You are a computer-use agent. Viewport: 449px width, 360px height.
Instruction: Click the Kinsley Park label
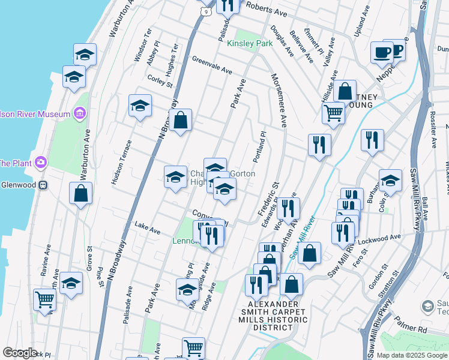tap(250, 43)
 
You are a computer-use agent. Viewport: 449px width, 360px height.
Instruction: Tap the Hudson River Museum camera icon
tap(79, 113)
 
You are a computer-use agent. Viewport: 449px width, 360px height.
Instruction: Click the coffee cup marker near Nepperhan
tap(381, 53)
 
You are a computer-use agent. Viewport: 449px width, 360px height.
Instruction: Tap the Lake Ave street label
tap(147, 229)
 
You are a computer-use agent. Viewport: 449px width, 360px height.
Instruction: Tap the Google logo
tap(20, 353)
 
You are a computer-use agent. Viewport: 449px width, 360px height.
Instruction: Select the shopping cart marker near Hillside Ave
tap(333, 112)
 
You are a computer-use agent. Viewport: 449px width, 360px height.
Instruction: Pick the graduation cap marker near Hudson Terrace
tap(139, 106)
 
